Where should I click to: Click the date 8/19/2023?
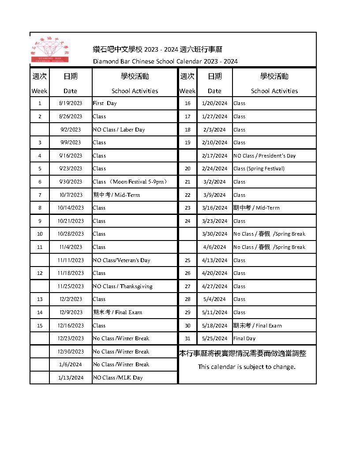(71, 103)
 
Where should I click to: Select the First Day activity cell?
(105, 103)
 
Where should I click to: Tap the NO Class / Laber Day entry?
(119, 130)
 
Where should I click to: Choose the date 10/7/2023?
(71, 195)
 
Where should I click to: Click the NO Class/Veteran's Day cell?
(121, 260)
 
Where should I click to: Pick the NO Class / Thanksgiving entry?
(122, 286)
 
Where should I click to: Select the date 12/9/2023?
(71, 312)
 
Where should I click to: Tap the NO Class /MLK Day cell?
(117, 378)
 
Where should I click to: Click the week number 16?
(187, 103)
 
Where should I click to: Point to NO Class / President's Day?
(264, 156)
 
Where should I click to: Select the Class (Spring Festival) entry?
(259, 169)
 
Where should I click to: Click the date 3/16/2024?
(214, 208)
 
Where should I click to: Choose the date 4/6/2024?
(214, 247)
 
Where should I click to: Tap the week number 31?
(187, 338)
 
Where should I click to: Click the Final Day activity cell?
(244, 338)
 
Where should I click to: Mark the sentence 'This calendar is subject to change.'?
(247, 367)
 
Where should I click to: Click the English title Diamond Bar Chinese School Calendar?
(165, 61)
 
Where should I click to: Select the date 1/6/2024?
(71, 365)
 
